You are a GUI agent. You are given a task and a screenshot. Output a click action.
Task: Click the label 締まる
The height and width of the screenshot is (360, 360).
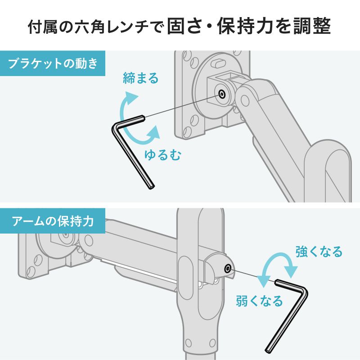tap(141, 78)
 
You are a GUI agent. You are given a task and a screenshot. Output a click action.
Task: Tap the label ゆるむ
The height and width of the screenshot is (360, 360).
tap(162, 155)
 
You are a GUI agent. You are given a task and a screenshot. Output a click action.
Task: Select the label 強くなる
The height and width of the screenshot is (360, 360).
tap(319, 251)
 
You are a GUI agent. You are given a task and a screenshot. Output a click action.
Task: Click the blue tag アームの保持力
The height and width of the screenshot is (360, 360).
tap(53, 221)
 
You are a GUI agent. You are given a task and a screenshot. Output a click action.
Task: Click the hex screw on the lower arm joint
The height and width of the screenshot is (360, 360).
tap(229, 269)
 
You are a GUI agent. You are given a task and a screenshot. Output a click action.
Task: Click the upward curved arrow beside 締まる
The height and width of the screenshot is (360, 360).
tap(127, 101)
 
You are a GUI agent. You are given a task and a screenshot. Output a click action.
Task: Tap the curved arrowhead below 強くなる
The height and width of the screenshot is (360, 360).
tap(292, 270)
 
